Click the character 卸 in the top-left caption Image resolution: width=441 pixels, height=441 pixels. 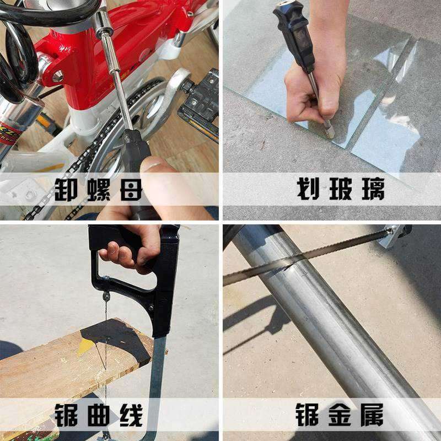click(66, 189)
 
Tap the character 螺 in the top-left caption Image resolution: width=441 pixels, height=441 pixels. click(99, 189)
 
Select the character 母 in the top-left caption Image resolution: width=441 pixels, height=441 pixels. click(131, 189)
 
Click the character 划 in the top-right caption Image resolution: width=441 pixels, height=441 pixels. click(308, 189)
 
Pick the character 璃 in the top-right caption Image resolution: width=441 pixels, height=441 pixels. click(373, 189)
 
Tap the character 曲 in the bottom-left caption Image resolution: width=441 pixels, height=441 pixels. click(99, 416)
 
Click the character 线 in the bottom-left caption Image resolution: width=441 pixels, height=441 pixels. click(131, 416)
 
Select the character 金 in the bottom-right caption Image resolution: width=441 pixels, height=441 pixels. click(340, 415)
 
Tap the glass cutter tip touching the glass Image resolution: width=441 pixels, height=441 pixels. click(329, 133)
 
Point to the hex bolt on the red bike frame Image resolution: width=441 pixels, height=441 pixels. click(58, 76)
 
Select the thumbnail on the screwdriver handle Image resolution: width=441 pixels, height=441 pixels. click(153, 166)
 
